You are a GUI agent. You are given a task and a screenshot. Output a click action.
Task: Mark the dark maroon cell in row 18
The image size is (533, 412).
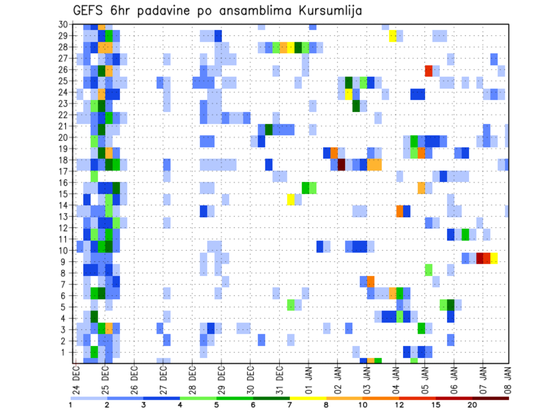(341, 164)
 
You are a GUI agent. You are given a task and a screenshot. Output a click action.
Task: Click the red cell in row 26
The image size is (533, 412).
(429, 71)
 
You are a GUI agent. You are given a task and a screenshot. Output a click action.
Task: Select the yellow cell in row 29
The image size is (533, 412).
(393, 36)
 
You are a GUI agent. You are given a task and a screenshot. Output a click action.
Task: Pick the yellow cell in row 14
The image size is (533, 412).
(291, 199)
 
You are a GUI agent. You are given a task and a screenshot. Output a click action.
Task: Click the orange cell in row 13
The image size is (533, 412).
(400, 211)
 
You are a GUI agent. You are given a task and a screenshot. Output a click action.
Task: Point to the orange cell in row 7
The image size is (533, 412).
(371, 281)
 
